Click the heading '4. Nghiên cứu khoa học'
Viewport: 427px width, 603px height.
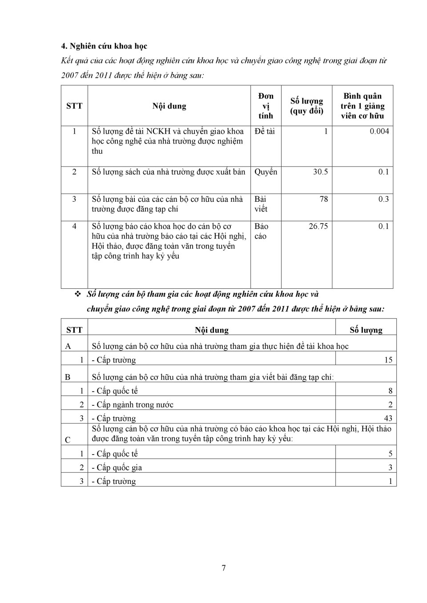click(x=104, y=46)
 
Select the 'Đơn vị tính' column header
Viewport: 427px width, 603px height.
click(x=266, y=106)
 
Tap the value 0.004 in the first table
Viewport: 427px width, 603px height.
click(x=379, y=131)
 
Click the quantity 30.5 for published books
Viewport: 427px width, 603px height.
click(x=320, y=172)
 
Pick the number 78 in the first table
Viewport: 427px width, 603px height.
click(x=323, y=199)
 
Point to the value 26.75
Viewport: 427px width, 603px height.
click(x=318, y=226)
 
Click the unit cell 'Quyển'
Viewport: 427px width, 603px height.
click(x=266, y=172)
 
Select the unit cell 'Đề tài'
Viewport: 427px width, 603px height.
click(x=265, y=131)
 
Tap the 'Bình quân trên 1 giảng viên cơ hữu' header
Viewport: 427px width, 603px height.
click(x=362, y=106)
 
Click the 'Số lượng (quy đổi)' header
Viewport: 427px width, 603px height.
click(x=306, y=106)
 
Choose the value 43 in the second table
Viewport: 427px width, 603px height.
click(x=388, y=418)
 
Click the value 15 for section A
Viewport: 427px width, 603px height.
click(x=388, y=360)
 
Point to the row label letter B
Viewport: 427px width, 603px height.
click(x=68, y=377)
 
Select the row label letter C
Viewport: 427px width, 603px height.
click(x=68, y=440)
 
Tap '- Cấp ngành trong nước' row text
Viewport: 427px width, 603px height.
click(x=133, y=405)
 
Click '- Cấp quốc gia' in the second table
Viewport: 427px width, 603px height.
click(x=117, y=467)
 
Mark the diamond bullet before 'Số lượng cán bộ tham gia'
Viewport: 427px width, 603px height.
click(x=77, y=294)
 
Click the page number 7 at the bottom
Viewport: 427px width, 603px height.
click(x=223, y=568)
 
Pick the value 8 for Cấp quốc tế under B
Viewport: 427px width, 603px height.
click(x=391, y=391)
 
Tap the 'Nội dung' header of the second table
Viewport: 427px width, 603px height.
click(x=212, y=330)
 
